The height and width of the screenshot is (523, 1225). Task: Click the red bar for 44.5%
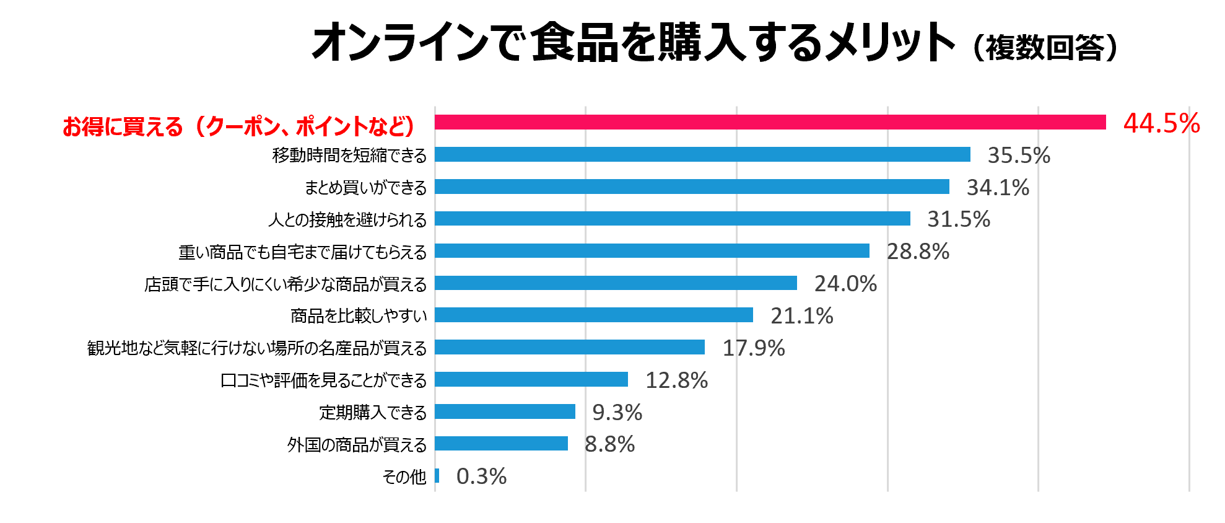coord(770,122)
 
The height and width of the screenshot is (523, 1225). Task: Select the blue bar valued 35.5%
coord(702,154)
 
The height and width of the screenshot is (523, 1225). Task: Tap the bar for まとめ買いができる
coord(692,187)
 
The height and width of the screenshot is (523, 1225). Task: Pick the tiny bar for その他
coord(437,476)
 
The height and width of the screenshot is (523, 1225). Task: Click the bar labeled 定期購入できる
coord(505,411)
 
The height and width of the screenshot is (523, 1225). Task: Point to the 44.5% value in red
coord(1161,123)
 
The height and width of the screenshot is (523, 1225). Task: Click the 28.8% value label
coord(918,251)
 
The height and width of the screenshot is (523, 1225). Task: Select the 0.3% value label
coord(481,476)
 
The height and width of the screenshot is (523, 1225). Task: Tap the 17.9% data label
coord(753,348)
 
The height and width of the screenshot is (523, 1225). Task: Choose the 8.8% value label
coord(609,444)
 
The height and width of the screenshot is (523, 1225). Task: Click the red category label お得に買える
coord(239,126)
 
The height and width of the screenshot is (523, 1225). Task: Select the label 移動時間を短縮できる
coord(349,155)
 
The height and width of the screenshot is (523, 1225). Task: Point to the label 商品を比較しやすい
coord(359,316)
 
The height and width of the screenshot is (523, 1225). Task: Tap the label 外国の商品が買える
coord(357,444)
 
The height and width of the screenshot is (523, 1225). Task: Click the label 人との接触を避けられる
coord(347,219)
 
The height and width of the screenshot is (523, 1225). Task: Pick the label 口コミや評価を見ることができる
coord(323,380)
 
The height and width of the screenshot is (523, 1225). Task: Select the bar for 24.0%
coord(616,283)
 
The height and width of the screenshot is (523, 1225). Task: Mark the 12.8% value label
coord(676,380)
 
